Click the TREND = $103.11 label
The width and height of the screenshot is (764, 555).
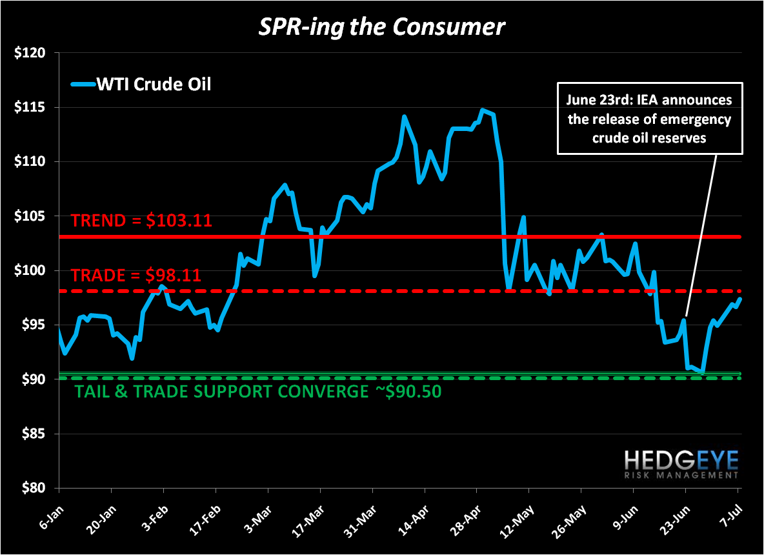coord(142,221)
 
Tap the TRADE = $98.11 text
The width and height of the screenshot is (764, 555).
coord(136,275)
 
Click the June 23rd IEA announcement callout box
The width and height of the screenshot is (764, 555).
coord(650,119)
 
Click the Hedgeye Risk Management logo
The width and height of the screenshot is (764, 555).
coord(681,464)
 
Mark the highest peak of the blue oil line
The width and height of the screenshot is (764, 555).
coord(482,110)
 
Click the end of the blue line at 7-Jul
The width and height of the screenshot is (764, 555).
coord(739,299)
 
